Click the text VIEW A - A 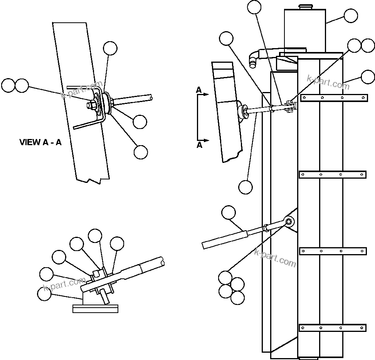click(40, 142)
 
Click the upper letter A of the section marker click(199, 90)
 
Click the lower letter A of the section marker click(199, 145)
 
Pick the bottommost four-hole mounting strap click(333, 328)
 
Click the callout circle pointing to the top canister click(350, 16)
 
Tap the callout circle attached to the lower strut click(229, 213)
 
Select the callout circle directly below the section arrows click(246, 187)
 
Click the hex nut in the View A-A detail click(93, 105)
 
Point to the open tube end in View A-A click(150, 99)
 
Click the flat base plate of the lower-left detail click(95, 308)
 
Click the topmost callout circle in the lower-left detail click(95, 236)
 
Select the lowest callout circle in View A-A click(141, 152)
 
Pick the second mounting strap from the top click(333, 175)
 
